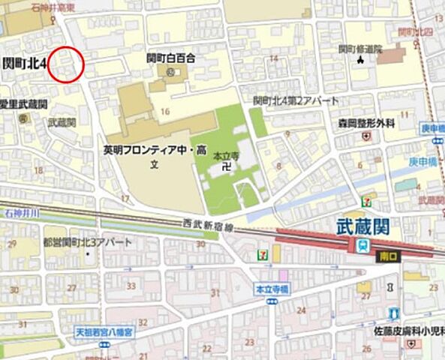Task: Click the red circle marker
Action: pyautogui.click(x=65, y=63)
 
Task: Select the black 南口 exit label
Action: pyautogui.click(x=388, y=256)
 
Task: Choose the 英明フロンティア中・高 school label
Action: pyautogui.click(x=155, y=150)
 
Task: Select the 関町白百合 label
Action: pyautogui.click(x=170, y=58)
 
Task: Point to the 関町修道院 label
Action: pyautogui.click(x=359, y=49)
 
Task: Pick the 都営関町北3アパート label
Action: pyautogui.click(x=87, y=242)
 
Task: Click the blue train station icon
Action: pyautogui.click(x=362, y=246)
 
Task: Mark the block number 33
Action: pyautogui.click(x=132, y=286)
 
